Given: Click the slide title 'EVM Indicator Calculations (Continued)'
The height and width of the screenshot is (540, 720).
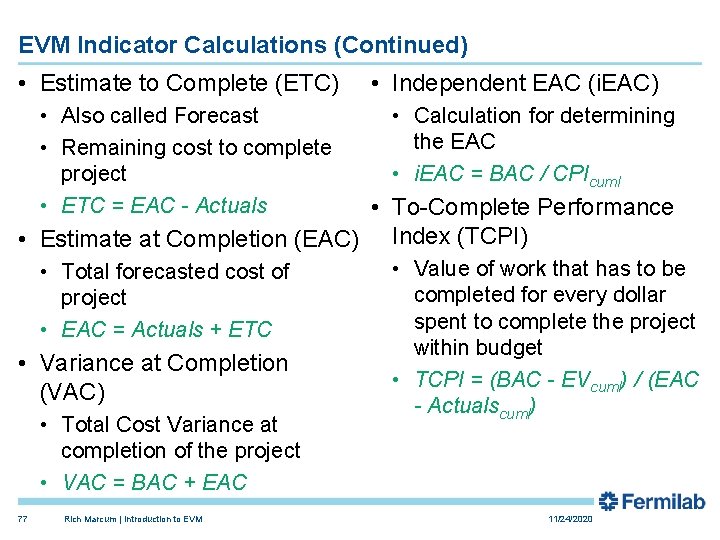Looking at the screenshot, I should tap(243, 45).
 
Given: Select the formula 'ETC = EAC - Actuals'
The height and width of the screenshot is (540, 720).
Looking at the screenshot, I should tap(164, 206).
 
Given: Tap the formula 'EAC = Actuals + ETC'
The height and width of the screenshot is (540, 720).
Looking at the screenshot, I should tap(166, 329).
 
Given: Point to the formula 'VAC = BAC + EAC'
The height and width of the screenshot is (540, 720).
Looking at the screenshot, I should tap(154, 483).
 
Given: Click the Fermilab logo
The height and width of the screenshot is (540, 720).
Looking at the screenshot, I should tap(651, 502).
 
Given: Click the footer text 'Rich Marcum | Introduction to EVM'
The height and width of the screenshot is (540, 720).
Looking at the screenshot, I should tap(132, 519).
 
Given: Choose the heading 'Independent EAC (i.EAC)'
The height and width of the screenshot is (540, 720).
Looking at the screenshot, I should tap(525, 83).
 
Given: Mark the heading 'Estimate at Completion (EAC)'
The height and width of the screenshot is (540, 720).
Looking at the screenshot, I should tap(198, 239).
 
